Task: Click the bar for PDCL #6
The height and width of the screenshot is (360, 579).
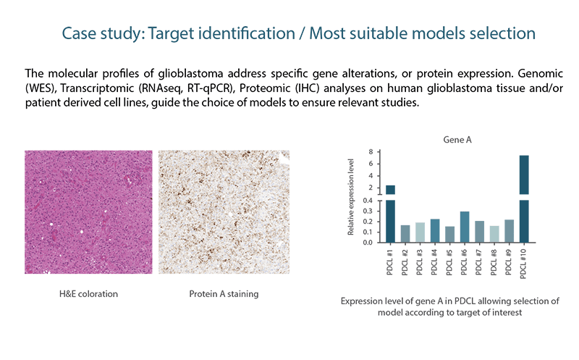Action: [465, 227]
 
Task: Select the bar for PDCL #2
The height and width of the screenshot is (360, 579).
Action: [405, 233]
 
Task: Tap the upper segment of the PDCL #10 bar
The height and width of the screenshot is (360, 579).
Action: [524, 175]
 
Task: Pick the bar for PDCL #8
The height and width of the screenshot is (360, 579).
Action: [494, 234]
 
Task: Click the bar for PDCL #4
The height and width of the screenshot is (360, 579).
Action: [435, 230]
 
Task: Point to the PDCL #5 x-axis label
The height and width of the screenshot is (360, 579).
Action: [449, 262]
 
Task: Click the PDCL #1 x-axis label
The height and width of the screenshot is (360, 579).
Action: [389, 262]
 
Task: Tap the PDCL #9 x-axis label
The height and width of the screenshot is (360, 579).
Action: [509, 262]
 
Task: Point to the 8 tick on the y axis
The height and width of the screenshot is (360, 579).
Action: [371, 152]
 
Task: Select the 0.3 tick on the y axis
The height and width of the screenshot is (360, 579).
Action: [368, 212]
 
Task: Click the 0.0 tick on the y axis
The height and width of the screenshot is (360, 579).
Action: [368, 243]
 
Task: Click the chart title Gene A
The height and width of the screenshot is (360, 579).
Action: [457, 140]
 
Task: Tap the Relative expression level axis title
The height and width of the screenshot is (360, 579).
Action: [351, 197]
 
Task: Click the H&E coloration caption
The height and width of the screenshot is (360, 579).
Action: [88, 294]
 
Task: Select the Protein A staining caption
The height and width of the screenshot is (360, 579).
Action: [224, 294]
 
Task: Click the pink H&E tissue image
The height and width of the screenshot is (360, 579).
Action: [88, 212]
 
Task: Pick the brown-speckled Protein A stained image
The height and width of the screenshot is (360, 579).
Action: [224, 212]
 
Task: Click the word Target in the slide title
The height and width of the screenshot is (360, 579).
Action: [172, 33]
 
